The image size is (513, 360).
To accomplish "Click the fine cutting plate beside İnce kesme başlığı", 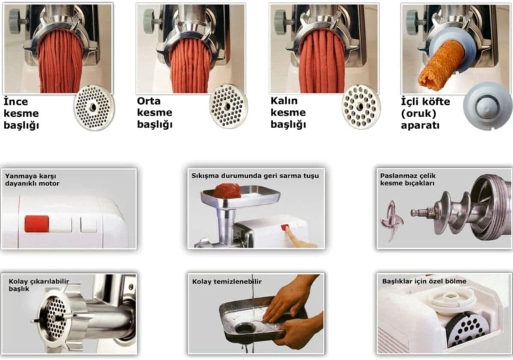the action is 94,108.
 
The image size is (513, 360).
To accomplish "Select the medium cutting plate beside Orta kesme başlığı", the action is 228,106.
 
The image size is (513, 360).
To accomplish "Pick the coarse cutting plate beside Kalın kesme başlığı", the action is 361,106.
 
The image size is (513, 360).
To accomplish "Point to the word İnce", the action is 16,101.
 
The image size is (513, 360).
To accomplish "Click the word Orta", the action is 149,101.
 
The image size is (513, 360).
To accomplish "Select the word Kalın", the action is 284,100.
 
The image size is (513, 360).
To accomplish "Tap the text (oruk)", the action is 419,114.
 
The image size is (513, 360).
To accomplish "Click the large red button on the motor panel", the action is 37,224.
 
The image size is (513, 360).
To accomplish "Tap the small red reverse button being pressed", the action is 284,227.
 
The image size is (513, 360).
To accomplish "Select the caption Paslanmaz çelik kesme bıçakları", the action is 408,179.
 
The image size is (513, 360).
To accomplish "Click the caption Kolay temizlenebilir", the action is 227,281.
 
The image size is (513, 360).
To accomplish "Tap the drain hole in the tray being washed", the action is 245,328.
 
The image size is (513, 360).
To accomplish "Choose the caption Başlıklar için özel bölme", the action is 424,281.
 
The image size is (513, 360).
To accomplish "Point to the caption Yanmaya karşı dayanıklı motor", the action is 32,180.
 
